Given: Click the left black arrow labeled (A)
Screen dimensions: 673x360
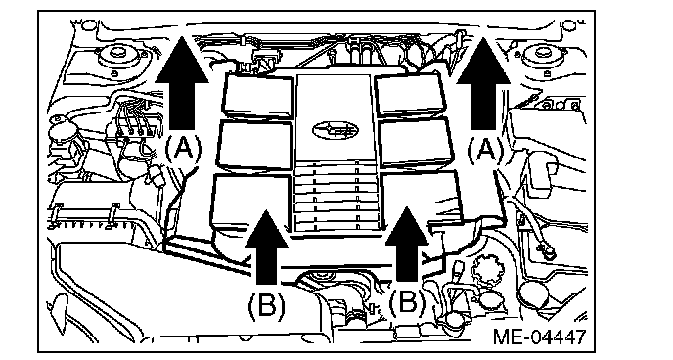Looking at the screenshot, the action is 182,83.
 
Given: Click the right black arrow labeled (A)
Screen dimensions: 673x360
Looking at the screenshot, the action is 483,83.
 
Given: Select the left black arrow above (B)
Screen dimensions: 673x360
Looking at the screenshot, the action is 266,247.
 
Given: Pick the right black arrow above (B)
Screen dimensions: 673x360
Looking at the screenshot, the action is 407,246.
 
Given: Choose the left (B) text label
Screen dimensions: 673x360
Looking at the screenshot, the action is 266,305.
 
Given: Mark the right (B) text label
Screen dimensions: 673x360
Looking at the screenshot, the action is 407,303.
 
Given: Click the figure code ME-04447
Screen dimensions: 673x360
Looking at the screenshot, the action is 539,337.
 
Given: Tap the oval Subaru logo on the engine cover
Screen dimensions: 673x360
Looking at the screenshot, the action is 336,129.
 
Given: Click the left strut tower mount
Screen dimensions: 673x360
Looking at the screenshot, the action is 116,56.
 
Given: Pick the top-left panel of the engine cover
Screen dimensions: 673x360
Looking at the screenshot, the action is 258,95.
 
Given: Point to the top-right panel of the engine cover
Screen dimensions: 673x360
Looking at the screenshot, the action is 410,94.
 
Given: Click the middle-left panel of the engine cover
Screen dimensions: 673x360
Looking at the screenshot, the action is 255,145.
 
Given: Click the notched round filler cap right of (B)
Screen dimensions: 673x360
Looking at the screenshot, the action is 486,271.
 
